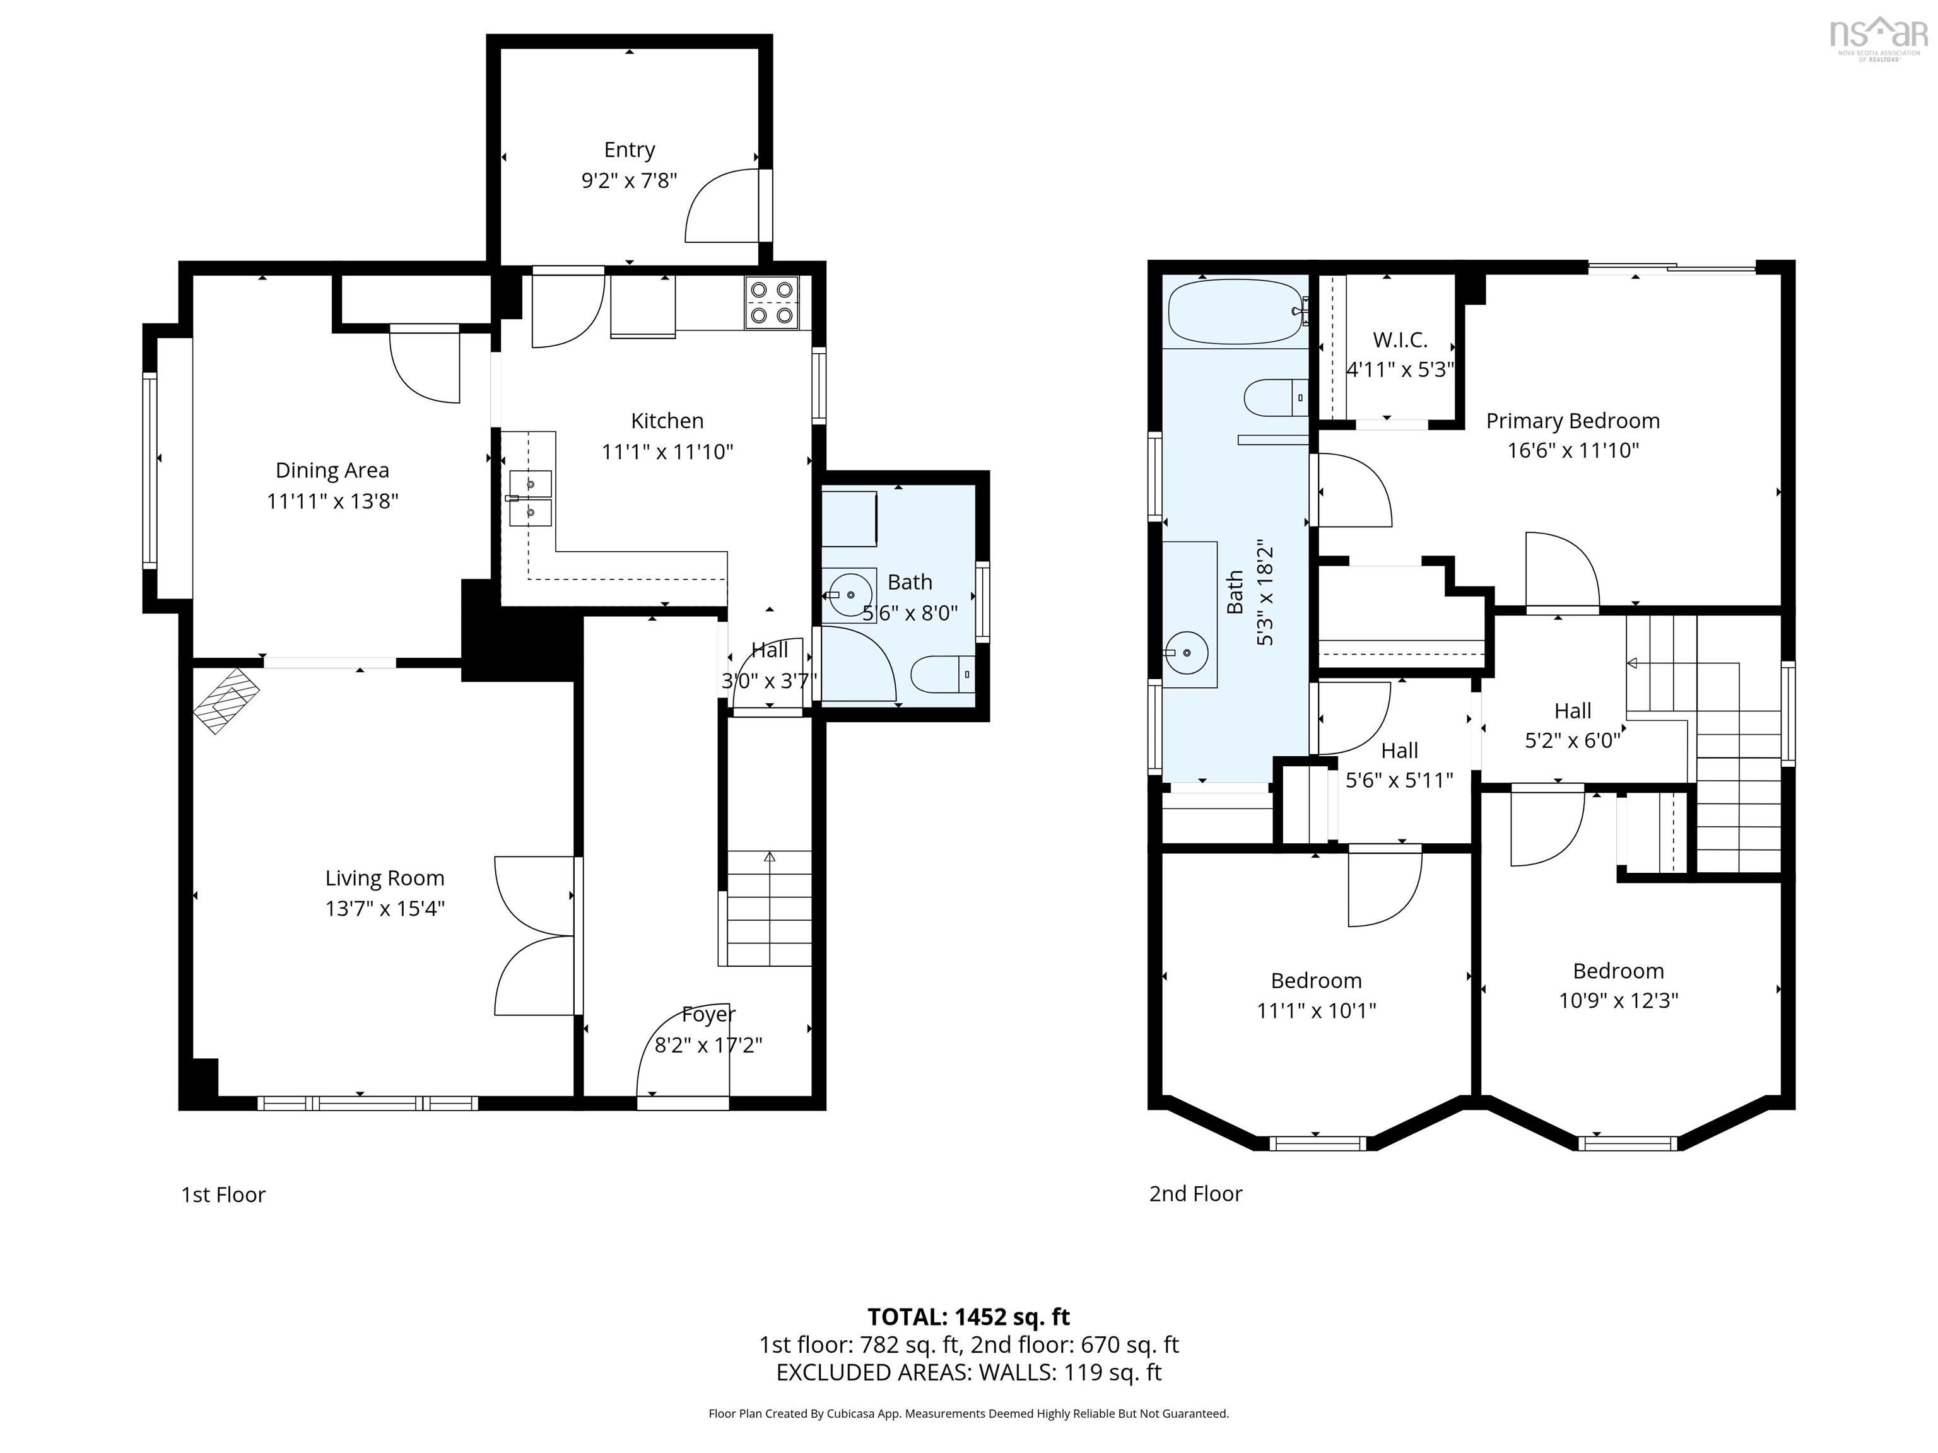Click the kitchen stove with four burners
click(772, 303)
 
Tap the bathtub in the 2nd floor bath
click(1235, 312)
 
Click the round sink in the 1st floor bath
click(849, 595)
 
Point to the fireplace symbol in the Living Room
click(226, 700)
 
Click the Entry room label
click(629, 149)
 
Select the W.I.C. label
click(1399, 340)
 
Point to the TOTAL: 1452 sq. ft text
click(968, 1316)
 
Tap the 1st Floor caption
click(223, 1194)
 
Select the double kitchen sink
click(530, 498)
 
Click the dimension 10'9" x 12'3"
click(1618, 1000)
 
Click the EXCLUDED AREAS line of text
click(968, 1372)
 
